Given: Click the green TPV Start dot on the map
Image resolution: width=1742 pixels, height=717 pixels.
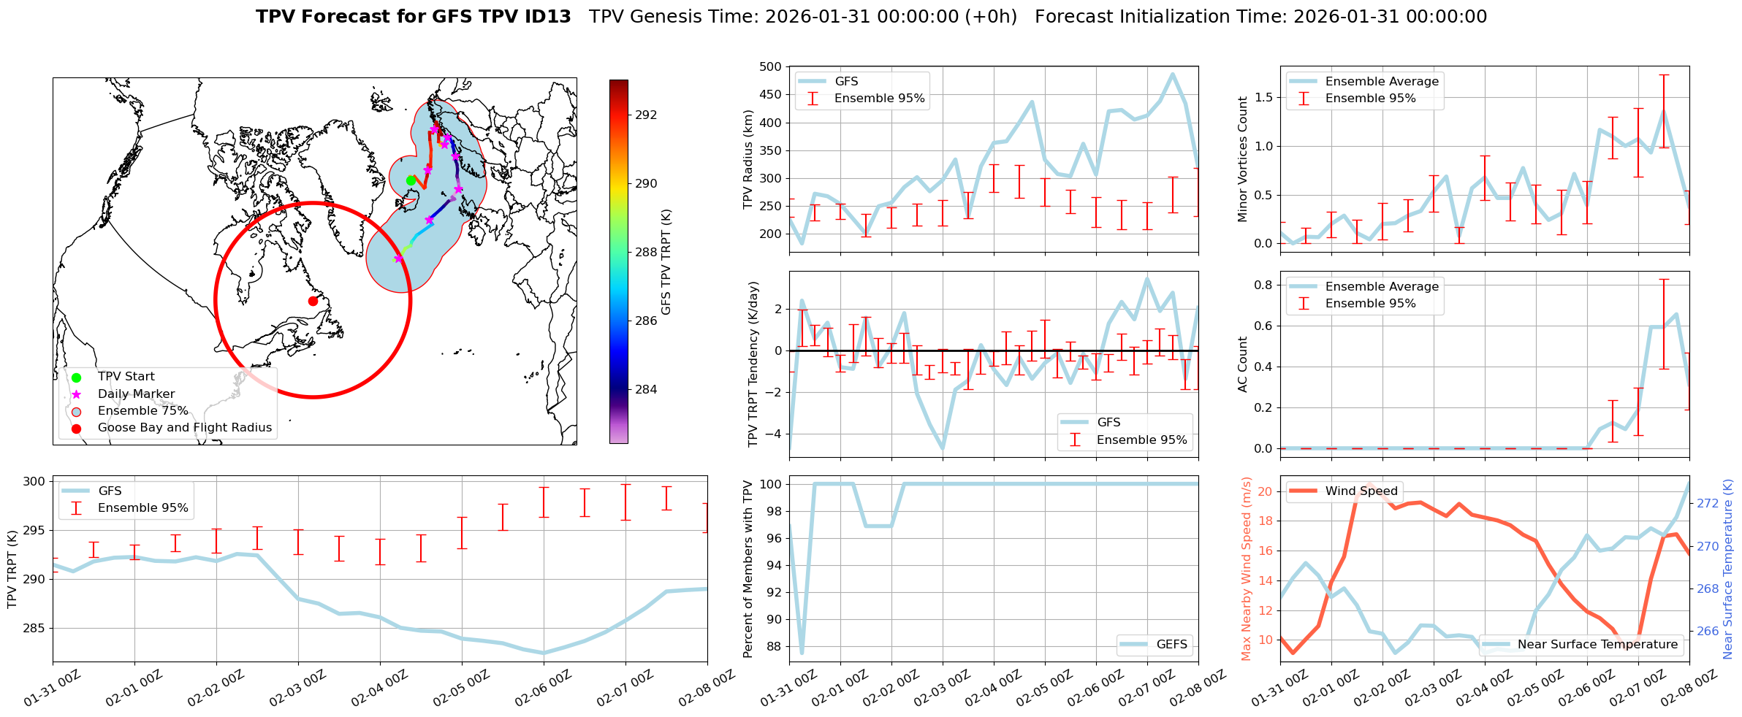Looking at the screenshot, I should pyautogui.click(x=411, y=180).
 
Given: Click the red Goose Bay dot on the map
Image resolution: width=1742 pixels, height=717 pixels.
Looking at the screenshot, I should pyautogui.click(x=313, y=301).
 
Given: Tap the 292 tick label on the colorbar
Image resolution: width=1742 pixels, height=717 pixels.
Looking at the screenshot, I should pyautogui.click(x=646, y=115).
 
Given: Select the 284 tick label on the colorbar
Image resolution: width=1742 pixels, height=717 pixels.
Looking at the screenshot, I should pyautogui.click(x=646, y=389).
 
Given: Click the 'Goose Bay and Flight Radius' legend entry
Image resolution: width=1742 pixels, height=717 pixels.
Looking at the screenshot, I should pyautogui.click(x=184, y=428).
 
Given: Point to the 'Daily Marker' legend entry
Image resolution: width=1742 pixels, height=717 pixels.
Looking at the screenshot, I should pyautogui.click(x=136, y=394).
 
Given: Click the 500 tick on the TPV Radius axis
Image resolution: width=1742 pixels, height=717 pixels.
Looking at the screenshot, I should pyautogui.click(x=772, y=67).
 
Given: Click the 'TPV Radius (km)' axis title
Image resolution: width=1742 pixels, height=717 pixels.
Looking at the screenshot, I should pyautogui.click(x=748, y=159).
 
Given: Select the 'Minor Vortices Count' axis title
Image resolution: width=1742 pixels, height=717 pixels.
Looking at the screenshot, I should pyautogui.click(x=1243, y=159).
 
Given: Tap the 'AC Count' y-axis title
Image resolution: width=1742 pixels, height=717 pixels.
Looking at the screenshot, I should pyautogui.click(x=1243, y=364).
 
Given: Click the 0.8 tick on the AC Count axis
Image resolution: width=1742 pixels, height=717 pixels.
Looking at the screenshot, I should pyautogui.click(x=1263, y=285).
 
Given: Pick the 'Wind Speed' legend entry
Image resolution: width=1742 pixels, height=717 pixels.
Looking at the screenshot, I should pyautogui.click(x=1361, y=491).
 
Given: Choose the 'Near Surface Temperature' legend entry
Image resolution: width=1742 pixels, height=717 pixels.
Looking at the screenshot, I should pyautogui.click(x=1597, y=645).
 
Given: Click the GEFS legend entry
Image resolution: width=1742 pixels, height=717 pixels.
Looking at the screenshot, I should pyautogui.click(x=1171, y=645).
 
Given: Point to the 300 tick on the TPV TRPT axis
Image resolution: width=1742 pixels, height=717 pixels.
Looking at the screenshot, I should pyautogui.click(x=34, y=481).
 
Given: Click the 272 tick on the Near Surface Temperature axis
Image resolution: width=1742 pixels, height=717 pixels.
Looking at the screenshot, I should pyautogui.click(x=1708, y=504).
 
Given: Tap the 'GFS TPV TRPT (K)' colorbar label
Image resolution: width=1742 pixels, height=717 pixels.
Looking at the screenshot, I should pyautogui.click(x=666, y=262).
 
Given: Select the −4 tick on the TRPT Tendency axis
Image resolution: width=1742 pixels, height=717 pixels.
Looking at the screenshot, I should pyautogui.click(x=776, y=434).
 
